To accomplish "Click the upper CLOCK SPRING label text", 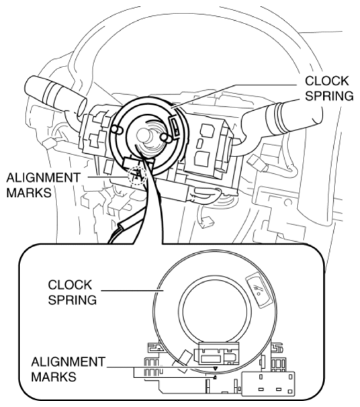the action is point(329,89).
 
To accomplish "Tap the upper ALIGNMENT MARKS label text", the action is point(44,185).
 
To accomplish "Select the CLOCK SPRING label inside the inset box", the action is point(72,292).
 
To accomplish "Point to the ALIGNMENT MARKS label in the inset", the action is point(68,369).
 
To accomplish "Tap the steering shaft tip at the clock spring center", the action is point(143,135).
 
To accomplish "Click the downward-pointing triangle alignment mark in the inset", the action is point(215,369).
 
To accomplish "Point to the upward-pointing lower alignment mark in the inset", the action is point(215,377).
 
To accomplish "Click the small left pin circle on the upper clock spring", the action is point(116,130).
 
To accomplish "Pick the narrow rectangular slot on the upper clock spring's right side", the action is point(175,126).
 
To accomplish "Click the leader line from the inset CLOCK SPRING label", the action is point(132,291).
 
